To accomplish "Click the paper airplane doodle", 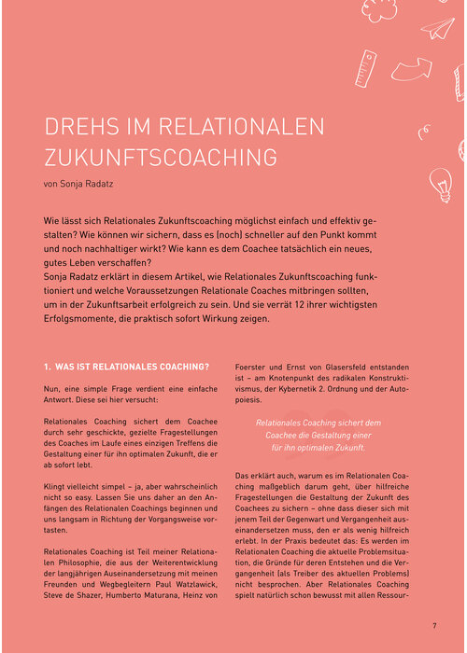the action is [x=436, y=28].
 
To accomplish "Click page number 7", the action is [x=434, y=625].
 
